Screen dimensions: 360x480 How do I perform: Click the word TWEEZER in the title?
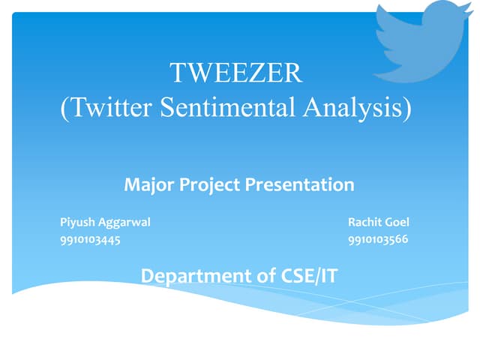235,73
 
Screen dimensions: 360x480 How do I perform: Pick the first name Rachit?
365,223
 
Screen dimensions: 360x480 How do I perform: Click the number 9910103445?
90,240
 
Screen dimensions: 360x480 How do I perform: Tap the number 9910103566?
378,240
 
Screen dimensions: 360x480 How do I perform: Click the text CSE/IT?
308,276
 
